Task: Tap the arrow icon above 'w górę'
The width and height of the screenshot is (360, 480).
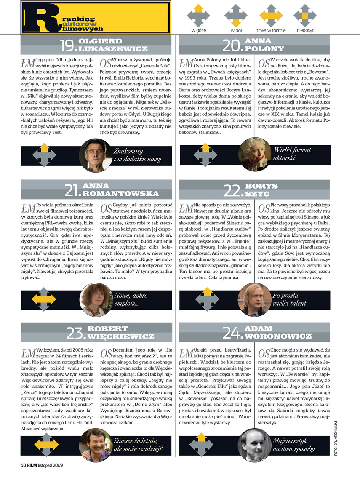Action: coord(197,16)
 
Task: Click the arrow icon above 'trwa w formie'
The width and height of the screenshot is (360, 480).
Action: coord(271,16)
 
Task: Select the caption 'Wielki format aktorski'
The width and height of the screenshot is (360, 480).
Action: coord(292,154)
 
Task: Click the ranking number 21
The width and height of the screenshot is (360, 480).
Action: coord(72,191)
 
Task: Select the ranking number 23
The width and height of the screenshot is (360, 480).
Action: coord(76,333)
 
